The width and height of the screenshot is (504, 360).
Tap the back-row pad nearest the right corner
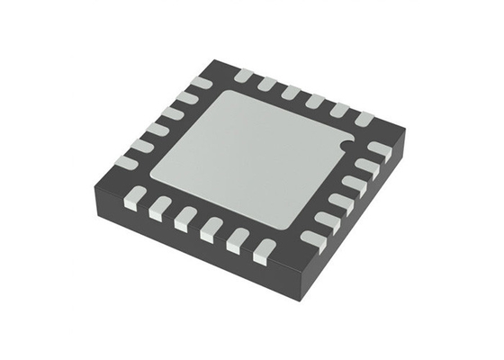coord(364,118)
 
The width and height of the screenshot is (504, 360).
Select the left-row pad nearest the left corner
coord(126,162)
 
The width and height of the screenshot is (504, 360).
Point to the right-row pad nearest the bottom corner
coord(312,239)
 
